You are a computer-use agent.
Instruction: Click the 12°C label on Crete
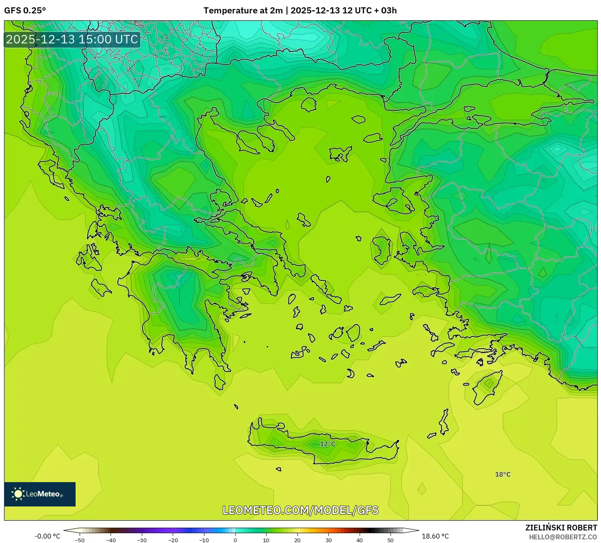point(328,444)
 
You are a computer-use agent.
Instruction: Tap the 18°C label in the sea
point(503,474)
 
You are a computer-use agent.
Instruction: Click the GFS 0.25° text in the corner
point(25,11)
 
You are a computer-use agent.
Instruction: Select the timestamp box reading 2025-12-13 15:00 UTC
point(72,39)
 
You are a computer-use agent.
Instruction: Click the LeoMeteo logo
point(40,494)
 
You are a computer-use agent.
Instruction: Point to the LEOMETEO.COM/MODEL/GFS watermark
point(300,510)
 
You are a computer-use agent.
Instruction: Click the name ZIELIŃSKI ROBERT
point(561,528)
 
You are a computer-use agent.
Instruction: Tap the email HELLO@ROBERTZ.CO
point(563,537)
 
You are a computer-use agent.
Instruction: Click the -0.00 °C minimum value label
point(47,536)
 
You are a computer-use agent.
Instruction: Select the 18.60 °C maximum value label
point(435,536)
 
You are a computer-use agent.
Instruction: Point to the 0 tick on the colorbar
point(235,540)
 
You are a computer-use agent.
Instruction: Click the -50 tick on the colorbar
point(80,540)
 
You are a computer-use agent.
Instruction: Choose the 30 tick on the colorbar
point(328,540)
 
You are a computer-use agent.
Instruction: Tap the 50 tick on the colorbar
point(391,540)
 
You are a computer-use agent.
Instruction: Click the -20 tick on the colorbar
point(173,540)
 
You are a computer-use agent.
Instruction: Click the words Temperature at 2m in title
point(243,11)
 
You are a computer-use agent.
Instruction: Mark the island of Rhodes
point(488,387)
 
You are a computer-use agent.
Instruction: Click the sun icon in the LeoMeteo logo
point(18,494)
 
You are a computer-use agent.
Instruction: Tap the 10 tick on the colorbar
point(266,540)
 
